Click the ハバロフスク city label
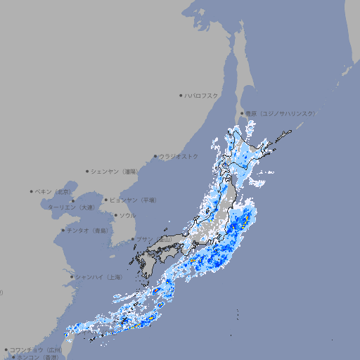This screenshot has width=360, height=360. tap(202, 95)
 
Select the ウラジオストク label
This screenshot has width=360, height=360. tap(179, 156)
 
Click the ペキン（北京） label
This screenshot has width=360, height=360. tap(54, 191)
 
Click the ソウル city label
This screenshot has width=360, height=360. tap(127, 215)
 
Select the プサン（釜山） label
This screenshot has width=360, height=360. tap(154, 240)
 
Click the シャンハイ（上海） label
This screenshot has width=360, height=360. tap(99, 277)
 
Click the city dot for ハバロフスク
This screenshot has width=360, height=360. tap(181, 95)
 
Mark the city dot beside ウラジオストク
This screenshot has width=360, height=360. tap(155, 156)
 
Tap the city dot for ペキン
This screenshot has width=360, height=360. tap(31, 191)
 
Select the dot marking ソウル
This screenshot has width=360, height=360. tap(115, 215)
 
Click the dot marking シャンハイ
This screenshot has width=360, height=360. tap(72, 277)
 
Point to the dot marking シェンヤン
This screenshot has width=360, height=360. tap(87, 171)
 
